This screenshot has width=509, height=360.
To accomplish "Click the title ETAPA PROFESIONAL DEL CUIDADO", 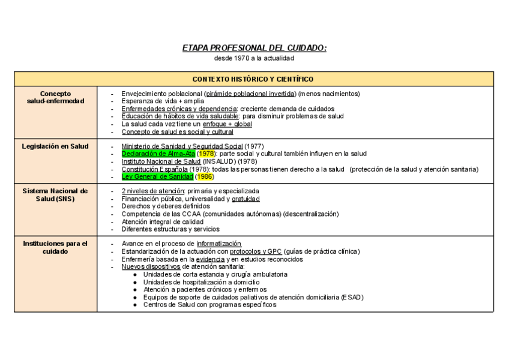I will pos(254,48).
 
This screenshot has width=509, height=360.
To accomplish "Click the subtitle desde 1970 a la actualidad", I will pos(254,58).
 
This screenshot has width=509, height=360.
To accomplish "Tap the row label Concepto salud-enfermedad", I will pos(56,97).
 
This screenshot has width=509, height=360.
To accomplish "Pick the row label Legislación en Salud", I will pos(56,146).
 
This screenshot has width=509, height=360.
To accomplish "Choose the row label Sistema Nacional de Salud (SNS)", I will pos(56,194).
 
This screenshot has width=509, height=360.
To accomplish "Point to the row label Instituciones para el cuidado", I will pos(56,247).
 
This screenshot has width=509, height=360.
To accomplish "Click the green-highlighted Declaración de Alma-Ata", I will pos(158,154).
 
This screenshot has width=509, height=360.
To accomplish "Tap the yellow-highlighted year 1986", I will pos(205,177).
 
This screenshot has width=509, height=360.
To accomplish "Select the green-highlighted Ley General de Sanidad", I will pos(157,177).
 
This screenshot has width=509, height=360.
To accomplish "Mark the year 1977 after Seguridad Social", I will pos(254,146).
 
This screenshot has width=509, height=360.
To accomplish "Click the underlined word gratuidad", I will pos(245,199).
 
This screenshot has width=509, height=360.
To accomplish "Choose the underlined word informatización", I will pos(218,244).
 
